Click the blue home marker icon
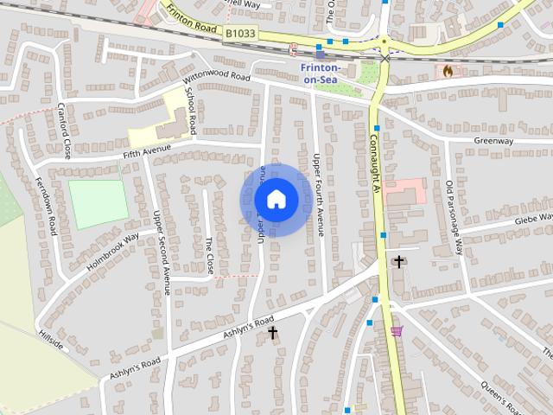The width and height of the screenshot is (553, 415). tap(276, 200)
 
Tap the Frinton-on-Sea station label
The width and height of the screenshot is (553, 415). tap(321, 73)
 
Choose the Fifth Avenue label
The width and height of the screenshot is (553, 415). tap(143, 154)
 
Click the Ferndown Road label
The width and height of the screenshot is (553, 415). tap(51, 208)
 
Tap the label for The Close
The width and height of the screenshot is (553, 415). tap(209, 256)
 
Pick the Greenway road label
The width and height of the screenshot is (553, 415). tap(493, 141)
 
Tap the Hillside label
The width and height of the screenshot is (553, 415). tap(51, 340)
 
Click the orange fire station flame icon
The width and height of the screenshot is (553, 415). tap(447, 71)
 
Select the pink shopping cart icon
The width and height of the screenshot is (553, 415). tap(397, 331)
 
